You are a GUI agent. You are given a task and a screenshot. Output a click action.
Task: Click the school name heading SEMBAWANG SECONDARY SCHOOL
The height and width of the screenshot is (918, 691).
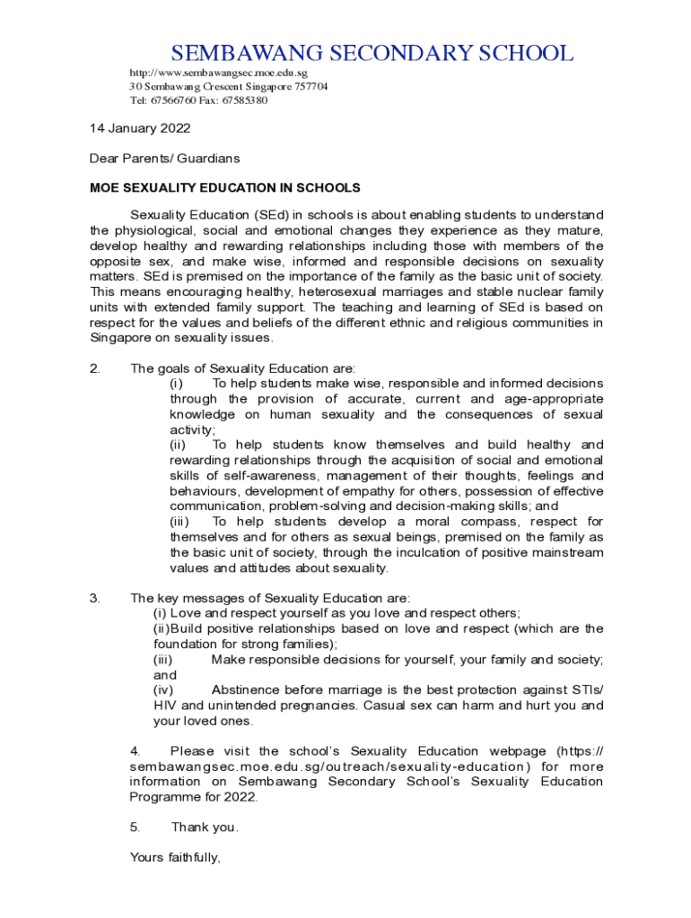pos(372,53)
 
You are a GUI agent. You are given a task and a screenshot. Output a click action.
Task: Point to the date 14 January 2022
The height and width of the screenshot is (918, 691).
pos(139,128)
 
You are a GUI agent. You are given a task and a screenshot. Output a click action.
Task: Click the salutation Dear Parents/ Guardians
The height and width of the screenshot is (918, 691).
pos(165,158)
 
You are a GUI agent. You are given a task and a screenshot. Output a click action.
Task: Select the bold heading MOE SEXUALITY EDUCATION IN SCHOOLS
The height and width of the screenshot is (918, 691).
pos(224,188)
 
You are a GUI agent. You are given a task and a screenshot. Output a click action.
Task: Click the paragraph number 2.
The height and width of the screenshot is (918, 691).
pos(95,368)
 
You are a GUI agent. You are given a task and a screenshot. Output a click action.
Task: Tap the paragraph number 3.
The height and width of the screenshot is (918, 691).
pos(95,598)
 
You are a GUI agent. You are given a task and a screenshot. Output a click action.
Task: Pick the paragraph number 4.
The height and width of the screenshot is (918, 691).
pos(135,751)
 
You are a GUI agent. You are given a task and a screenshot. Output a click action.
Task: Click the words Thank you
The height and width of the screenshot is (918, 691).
pos(205,827)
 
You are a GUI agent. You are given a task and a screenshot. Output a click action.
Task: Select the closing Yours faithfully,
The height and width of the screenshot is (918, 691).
pos(175,858)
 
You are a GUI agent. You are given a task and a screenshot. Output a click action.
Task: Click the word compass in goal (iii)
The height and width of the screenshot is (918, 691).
pos(488,522)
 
